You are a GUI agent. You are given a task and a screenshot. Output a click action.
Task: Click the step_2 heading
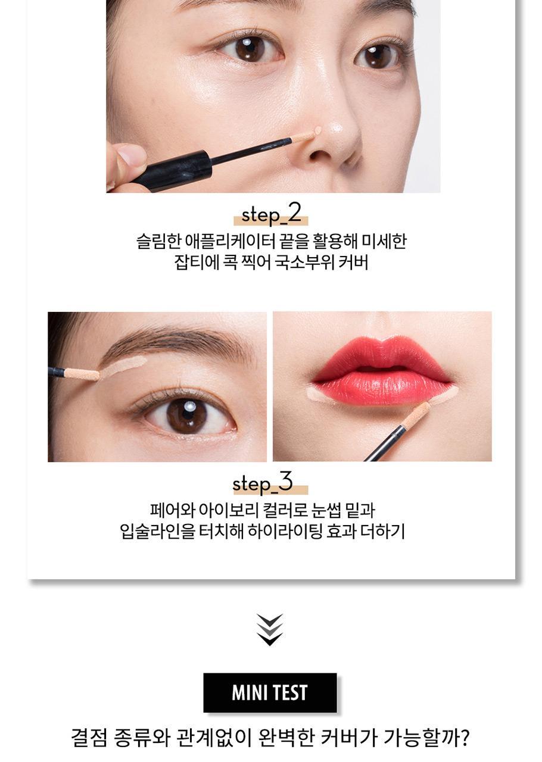pos(271,215)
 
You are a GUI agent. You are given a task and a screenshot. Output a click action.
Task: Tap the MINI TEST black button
pos(270,692)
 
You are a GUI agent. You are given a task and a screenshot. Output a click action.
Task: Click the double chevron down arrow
pos(270,630)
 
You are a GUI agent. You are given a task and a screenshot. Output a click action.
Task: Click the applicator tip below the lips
pos(416,414)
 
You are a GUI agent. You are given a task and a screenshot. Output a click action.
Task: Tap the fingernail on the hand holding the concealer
pos(132,155)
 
